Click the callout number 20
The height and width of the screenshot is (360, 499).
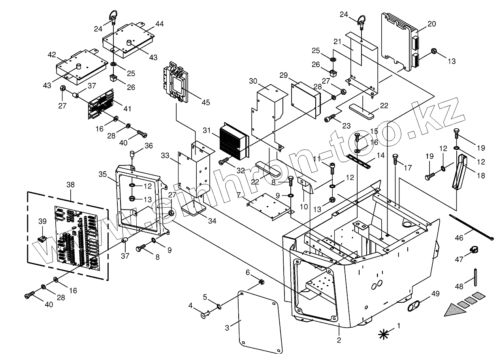(431, 24)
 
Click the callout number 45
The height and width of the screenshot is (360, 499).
(205, 103)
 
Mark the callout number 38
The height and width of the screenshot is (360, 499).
(70, 184)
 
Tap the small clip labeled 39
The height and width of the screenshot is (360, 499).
(42, 239)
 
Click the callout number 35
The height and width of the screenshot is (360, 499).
(103, 174)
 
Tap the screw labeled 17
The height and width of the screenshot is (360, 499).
(395, 159)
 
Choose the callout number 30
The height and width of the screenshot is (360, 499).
(253, 81)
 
